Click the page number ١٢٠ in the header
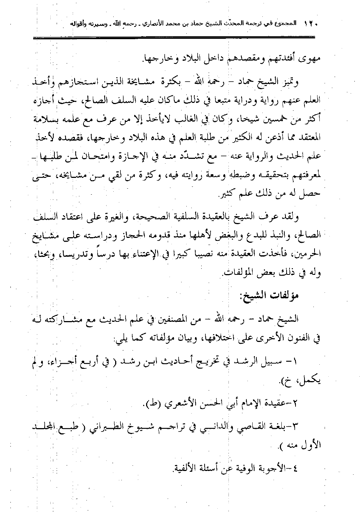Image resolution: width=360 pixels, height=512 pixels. (x=310, y=23)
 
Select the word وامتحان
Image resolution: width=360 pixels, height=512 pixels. (x=107, y=160)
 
